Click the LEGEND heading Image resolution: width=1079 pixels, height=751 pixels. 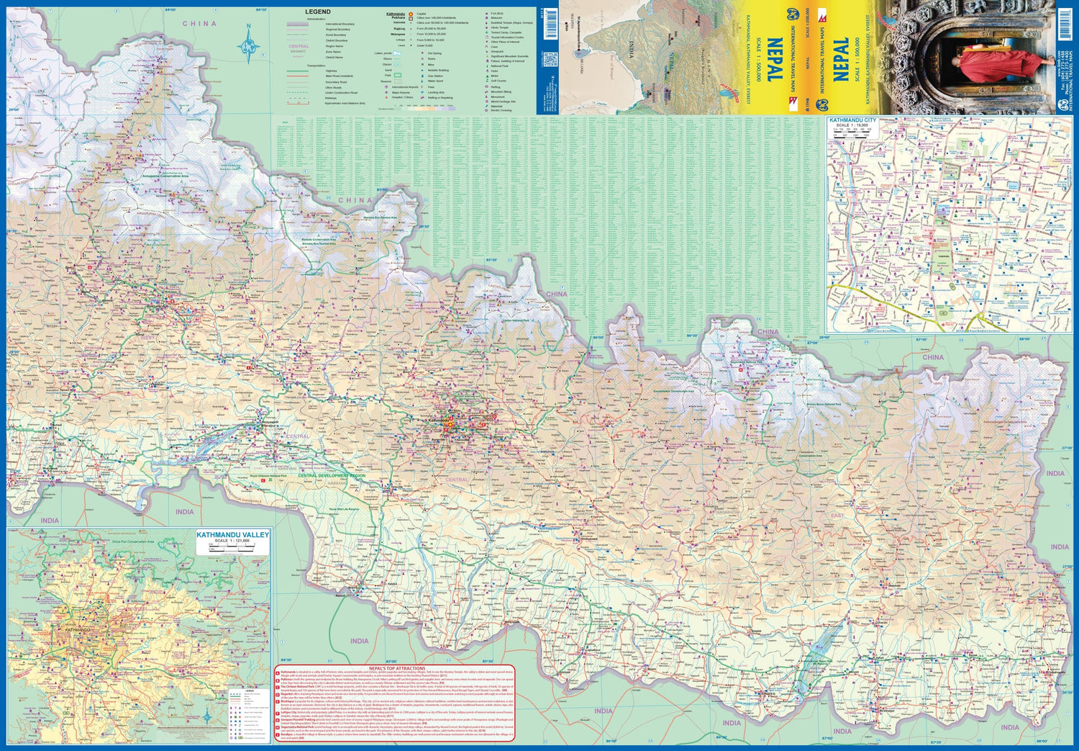point(318,12)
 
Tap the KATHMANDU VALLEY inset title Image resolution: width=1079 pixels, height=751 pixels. point(232,535)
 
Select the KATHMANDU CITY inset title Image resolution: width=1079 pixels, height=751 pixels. point(852,120)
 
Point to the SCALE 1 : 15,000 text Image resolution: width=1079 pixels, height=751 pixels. point(852,126)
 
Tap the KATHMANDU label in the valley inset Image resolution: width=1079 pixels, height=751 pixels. point(78,630)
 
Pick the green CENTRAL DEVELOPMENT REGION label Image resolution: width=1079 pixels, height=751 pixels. point(332,476)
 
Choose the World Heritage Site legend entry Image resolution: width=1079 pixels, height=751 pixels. point(503,102)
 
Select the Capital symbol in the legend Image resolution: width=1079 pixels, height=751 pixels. point(411,14)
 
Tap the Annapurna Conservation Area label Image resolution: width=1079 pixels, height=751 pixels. point(165,176)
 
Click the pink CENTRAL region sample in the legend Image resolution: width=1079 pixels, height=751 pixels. point(299,46)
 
